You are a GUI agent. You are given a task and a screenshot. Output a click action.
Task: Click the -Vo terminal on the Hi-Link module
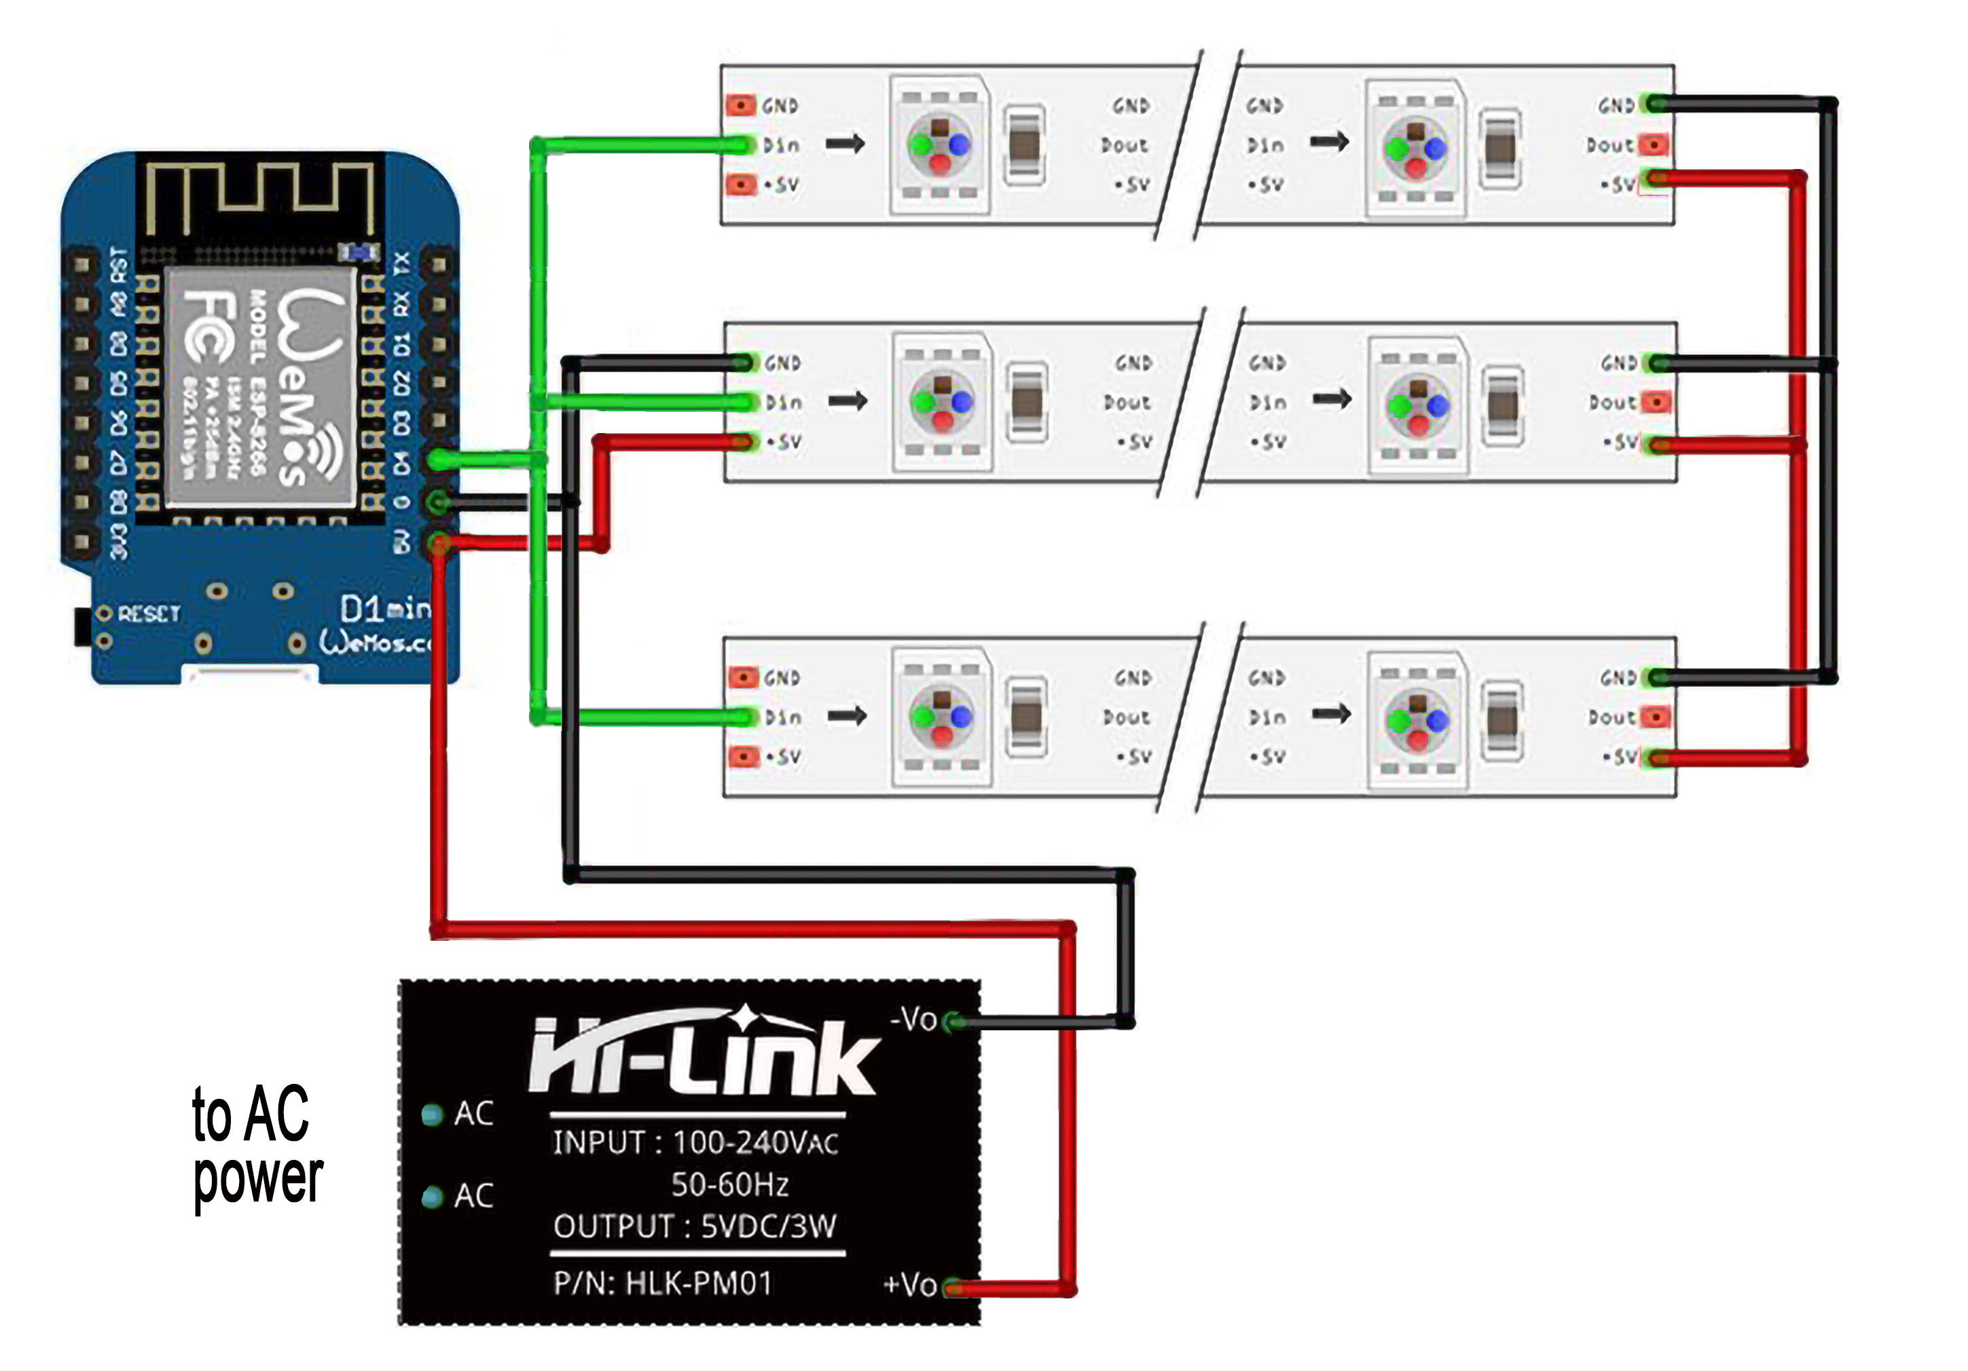point(951,1021)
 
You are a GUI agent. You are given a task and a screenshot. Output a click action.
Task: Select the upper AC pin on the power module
point(433,1114)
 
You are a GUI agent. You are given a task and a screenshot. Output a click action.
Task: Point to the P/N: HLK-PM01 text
point(663,1283)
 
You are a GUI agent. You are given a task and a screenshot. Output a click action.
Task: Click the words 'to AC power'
point(255,1146)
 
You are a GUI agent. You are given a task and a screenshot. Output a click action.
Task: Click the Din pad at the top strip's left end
point(742,145)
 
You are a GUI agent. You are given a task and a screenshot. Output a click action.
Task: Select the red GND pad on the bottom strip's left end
point(743,678)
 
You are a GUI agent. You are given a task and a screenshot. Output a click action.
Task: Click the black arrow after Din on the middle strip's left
point(848,400)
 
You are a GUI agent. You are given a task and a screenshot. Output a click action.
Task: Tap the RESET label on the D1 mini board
point(148,614)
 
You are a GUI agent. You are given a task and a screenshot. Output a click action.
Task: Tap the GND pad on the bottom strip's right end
point(1658,678)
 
